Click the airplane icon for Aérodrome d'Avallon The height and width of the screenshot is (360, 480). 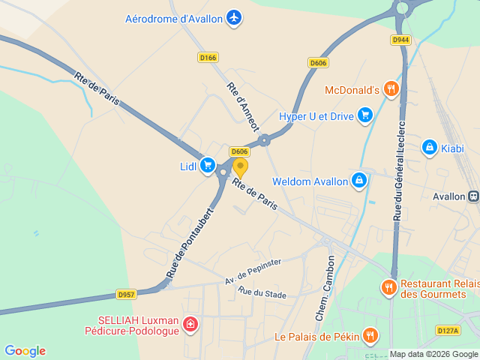click(x=235, y=17)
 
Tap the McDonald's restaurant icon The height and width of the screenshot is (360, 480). click(x=390, y=90)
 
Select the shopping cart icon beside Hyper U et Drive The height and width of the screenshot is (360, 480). click(x=365, y=114)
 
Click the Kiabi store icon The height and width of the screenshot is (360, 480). click(x=430, y=147)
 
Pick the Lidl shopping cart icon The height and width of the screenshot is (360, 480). click(x=208, y=165)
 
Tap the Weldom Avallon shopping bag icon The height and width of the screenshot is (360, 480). click(x=360, y=181)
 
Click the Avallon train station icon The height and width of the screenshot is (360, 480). click(x=473, y=196)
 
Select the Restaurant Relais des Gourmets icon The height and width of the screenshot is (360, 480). click(x=388, y=286)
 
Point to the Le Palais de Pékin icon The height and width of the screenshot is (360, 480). click(x=370, y=335)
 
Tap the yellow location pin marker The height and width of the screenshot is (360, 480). click(x=240, y=166)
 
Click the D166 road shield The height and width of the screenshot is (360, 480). click(x=208, y=57)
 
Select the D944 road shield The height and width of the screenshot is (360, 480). click(x=400, y=40)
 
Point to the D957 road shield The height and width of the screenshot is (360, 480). click(x=126, y=295)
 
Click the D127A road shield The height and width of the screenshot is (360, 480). click(x=447, y=330)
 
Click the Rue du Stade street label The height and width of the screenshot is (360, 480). click(x=262, y=292)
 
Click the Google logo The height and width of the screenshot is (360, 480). click(x=25, y=350)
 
